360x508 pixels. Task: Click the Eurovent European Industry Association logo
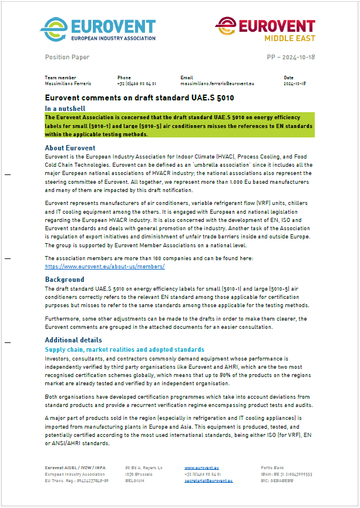[98, 28]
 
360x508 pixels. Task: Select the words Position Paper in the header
[67, 57]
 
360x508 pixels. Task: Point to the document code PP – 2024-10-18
[287, 57]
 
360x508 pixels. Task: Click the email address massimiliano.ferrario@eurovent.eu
[217, 84]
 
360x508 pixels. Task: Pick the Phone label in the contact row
[124, 78]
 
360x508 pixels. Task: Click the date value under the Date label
[295, 84]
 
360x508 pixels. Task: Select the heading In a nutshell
[65, 109]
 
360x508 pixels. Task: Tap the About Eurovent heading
[70, 147]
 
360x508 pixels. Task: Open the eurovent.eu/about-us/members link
[105, 266]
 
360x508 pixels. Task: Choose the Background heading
[65, 280]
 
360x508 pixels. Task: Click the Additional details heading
[73, 340]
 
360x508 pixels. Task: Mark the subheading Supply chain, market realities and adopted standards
[125, 349]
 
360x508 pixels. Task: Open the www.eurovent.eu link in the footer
[198, 467]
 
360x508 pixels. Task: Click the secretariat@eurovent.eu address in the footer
[208, 480]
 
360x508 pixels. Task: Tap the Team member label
[60, 78]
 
